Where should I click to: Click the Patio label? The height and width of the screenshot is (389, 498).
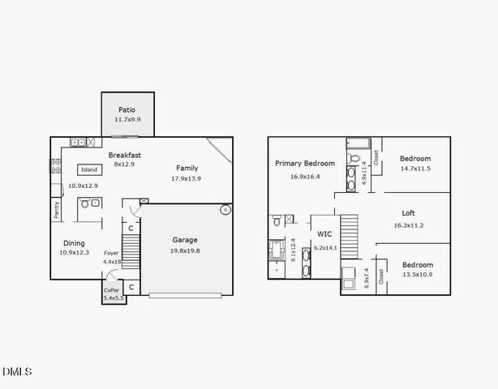(126, 109)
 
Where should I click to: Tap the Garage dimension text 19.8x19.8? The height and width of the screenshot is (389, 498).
(185, 251)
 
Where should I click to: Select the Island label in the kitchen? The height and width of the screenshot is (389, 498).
(89, 169)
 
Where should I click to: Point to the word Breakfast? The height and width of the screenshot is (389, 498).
(125, 155)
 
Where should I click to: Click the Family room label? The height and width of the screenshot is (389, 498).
(187, 168)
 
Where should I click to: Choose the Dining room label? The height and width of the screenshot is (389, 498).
(75, 242)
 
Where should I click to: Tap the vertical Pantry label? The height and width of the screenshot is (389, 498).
(56, 210)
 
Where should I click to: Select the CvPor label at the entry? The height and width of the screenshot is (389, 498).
(111, 290)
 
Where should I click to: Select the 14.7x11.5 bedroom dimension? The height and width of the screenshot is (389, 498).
(415, 169)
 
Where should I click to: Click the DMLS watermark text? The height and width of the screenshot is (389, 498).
(17, 372)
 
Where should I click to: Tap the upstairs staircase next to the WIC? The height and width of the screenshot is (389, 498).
(349, 233)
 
